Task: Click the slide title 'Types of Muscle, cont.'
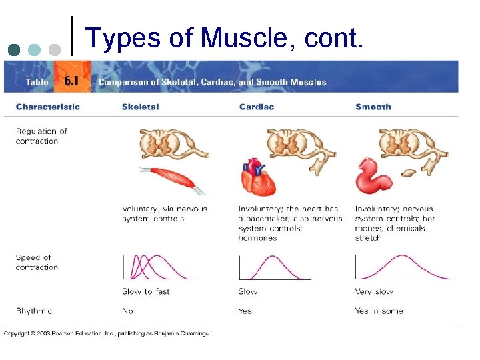(225, 39)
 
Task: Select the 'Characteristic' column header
(47, 107)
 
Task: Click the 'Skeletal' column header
(140, 107)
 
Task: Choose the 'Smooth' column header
(373, 107)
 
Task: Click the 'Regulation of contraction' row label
(41, 136)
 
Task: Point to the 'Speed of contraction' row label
(37, 262)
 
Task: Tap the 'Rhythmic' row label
(34, 311)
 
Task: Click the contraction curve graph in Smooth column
(403, 267)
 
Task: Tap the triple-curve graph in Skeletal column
(158, 267)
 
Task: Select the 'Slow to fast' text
(146, 291)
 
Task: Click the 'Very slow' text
(374, 291)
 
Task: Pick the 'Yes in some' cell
(379, 311)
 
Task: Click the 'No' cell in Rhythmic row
(127, 311)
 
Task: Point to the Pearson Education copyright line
(107, 333)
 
